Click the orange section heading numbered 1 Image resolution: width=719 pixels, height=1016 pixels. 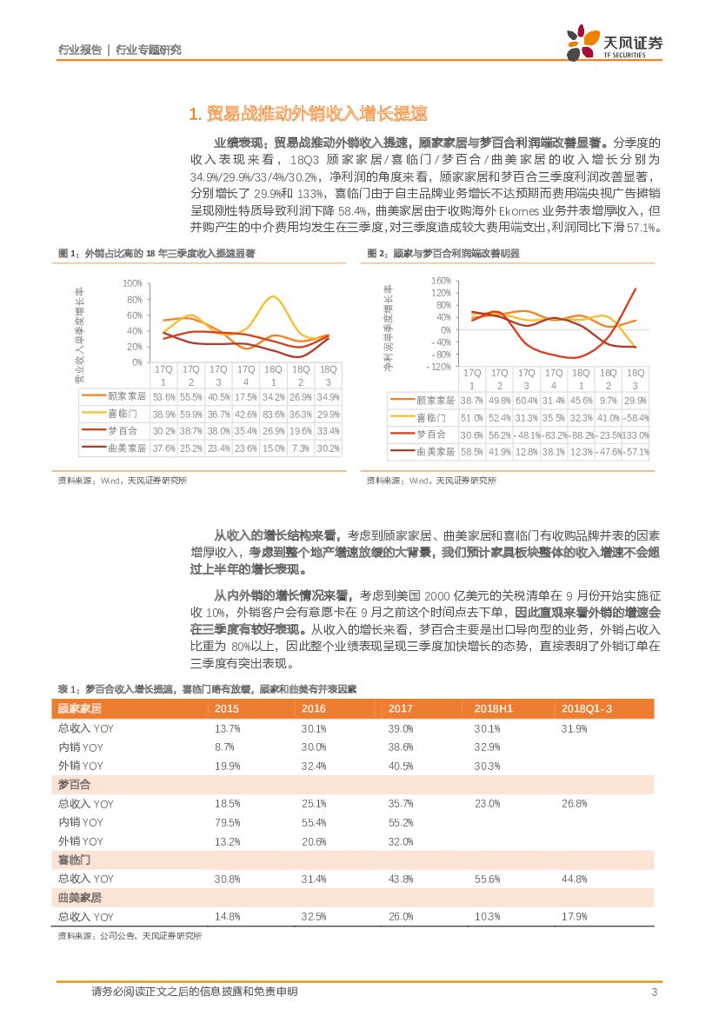coord(308,114)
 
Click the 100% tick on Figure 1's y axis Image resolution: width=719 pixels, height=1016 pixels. coord(132,283)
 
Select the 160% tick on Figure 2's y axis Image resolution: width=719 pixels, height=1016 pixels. coord(440,281)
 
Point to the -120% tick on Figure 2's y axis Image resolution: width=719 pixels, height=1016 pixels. coord(439,366)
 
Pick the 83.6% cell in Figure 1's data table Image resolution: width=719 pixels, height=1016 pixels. coord(274,415)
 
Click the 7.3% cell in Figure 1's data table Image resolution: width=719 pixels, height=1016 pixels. coord(301,448)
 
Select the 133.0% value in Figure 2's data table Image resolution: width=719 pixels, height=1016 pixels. coord(635,435)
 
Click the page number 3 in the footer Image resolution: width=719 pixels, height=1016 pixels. coord(653,993)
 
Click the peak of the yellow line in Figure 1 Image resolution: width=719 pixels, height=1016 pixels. coord(275,297)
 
